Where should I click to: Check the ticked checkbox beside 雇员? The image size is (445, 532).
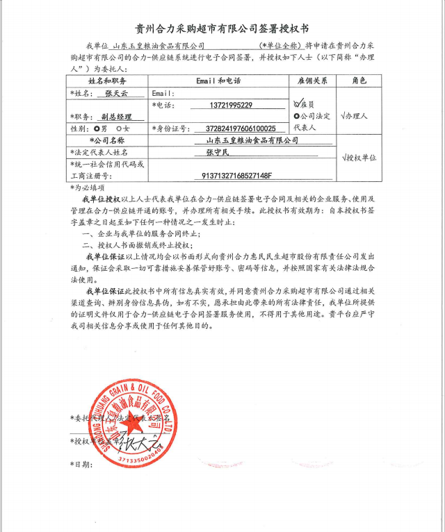(x=298, y=104)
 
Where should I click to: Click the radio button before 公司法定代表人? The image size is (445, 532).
(x=298, y=117)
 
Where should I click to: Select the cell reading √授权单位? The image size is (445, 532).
(x=359, y=158)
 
